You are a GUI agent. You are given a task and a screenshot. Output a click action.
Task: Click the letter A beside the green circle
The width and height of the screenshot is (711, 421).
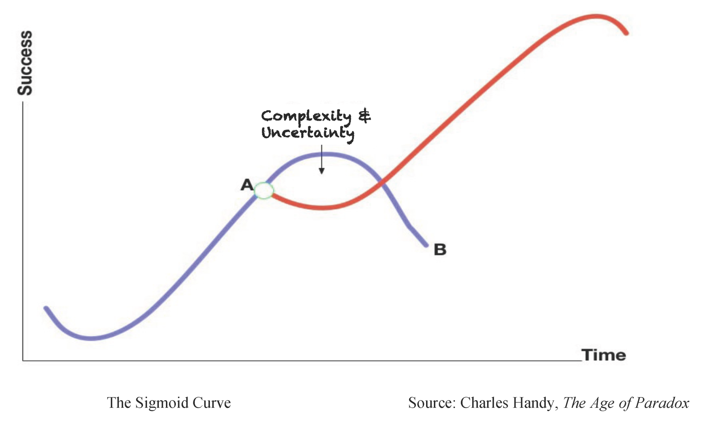coord(247,185)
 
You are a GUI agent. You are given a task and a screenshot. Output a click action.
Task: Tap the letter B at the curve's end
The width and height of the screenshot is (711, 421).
coord(440,250)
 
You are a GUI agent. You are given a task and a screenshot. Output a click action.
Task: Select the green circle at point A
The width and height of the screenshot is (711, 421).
coord(264,191)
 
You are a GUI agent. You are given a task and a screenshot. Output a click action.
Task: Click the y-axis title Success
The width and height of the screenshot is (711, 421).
coord(25,63)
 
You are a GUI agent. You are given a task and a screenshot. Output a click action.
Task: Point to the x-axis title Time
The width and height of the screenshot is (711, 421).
coord(603,355)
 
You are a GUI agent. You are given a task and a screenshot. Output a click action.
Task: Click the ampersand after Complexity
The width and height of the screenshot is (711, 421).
coord(364,116)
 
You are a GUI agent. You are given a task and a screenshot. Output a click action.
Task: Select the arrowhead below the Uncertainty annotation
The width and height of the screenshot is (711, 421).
coord(322,171)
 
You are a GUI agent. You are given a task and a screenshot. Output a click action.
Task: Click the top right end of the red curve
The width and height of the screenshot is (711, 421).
coord(626,33)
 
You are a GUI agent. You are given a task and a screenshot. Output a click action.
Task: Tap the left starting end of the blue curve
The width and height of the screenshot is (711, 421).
coord(46,308)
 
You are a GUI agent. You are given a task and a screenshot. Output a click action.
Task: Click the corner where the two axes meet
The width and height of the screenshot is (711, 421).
coord(23,360)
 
